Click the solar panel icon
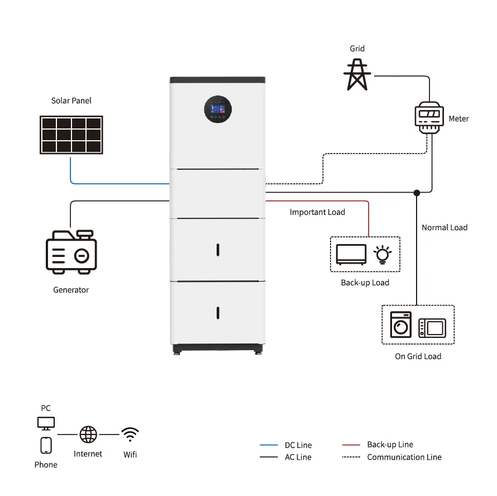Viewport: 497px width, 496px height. [x=71, y=135]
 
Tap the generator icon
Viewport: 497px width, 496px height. [x=71, y=251]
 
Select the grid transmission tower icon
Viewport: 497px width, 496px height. [x=357, y=74]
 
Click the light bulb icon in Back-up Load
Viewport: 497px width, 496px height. [x=383, y=254]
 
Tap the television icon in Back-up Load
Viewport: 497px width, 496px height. [x=351, y=255]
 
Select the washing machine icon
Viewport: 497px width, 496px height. [x=400, y=323]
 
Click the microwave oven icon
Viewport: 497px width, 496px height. [x=433, y=326]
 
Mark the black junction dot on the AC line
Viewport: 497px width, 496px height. [x=417, y=193]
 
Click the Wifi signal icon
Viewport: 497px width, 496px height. [x=130, y=434]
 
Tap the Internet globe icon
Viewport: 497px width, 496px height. [x=88, y=434]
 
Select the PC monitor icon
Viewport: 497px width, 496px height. [x=46, y=423]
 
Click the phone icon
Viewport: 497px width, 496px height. [x=46, y=446]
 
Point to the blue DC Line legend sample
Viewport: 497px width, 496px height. [x=269, y=445]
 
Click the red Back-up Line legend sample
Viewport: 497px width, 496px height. [x=350, y=445]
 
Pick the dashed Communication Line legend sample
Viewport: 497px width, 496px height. [x=350, y=457]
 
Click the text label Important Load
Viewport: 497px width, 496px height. [x=317, y=212]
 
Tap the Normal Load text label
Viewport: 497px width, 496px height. [x=445, y=227]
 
